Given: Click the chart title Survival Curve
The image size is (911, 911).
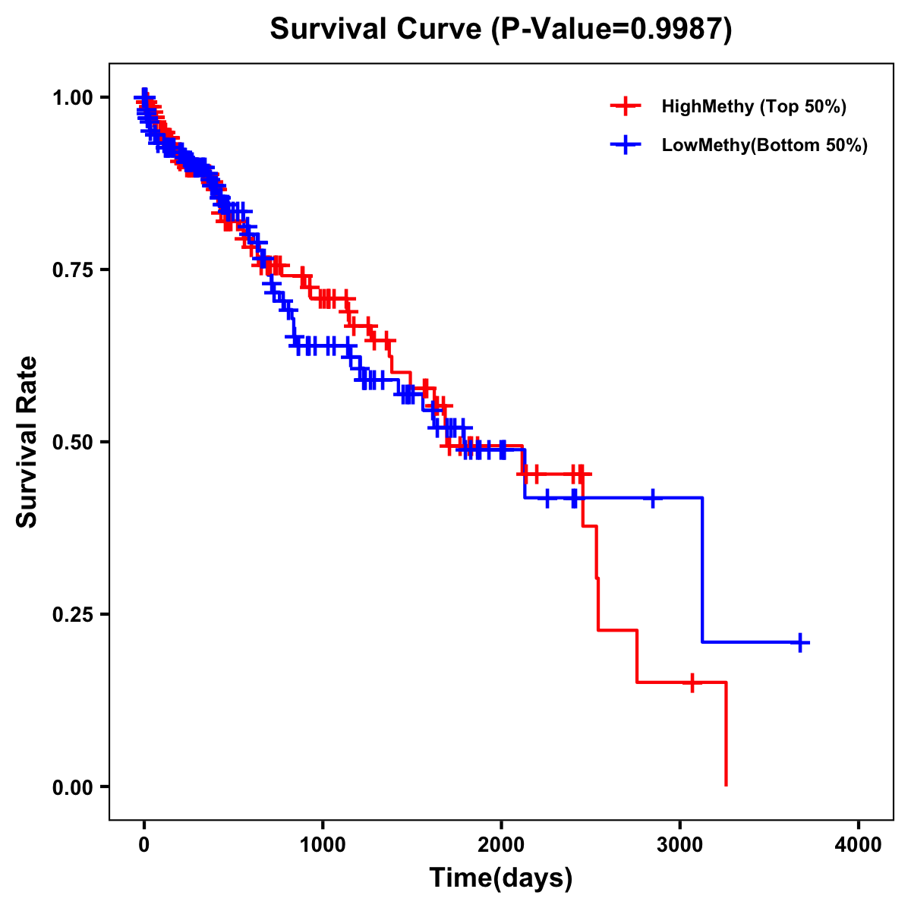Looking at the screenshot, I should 377,29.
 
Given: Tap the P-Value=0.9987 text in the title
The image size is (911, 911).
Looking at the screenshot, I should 611,29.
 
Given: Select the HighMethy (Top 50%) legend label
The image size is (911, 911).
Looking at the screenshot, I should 753,106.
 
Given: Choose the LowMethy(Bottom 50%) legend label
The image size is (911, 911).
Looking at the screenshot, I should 764,146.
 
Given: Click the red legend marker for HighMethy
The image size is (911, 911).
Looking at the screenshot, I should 626,106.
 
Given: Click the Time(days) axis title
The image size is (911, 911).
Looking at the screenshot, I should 501,878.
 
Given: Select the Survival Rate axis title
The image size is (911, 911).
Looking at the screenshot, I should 27,442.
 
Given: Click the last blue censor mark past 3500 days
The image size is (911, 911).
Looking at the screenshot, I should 800,643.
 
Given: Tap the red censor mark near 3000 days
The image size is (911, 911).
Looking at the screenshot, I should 692,682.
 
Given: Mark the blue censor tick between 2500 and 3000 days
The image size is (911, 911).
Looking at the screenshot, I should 652,498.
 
